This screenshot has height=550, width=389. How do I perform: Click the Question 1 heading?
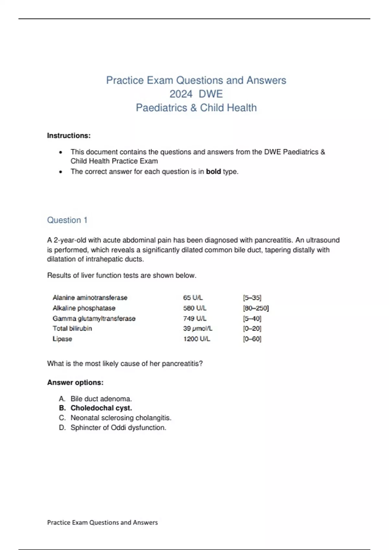pyautogui.click(x=67, y=220)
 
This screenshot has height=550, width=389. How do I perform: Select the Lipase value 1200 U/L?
pyautogui.click(x=196, y=339)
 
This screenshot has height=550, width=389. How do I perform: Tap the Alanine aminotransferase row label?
pyautogui.click(x=90, y=298)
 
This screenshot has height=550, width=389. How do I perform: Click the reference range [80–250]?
pyautogui.click(x=255, y=308)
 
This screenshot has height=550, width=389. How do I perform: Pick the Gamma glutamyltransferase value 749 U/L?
pyautogui.click(x=194, y=319)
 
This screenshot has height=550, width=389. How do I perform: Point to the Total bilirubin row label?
pyautogui.click(x=72, y=329)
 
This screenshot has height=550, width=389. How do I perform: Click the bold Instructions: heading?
pyautogui.click(x=69, y=136)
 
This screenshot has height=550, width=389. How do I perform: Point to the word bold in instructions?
pyautogui.click(x=213, y=172)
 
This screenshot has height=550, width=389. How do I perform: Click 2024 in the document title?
pyautogui.click(x=181, y=94)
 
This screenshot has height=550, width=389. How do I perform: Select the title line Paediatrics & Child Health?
pyautogui.click(x=196, y=108)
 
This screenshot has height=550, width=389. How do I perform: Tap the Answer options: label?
pyautogui.click(x=75, y=383)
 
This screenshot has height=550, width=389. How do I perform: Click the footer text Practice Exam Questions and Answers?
pyautogui.click(x=102, y=522)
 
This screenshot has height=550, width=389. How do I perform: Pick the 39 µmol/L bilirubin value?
pyautogui.click(x=197, y=329)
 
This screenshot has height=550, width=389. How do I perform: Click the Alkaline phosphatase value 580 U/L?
pyautogui.click(x=194, y=308)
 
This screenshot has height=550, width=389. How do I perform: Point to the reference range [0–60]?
pyautogui.click(x=252, y=339)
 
